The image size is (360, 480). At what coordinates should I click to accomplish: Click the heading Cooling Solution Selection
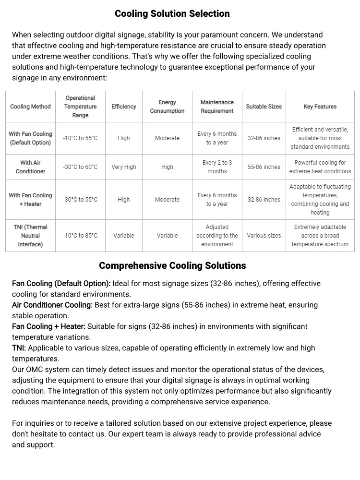(x=172, y=13)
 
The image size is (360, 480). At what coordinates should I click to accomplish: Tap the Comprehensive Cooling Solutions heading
(x=172, y=265)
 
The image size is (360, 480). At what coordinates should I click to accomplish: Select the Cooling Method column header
(x=30, y=107)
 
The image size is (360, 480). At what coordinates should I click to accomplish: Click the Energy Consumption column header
(x=167, y=107)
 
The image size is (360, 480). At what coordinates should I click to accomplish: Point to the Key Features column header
(x=320, y=107)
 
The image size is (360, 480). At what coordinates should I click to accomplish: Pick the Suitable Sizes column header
(x=264, y=107)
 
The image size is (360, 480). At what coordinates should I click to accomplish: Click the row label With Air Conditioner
(x=30, y=167)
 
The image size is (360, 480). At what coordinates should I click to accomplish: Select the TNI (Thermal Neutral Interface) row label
(x=30, y=236)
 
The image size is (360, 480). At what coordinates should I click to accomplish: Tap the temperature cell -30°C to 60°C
(x=80, y=167)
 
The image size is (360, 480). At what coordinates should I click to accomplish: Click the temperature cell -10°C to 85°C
(x=80, y=236)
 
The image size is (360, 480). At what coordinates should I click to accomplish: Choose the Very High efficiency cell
(x=124, y=167)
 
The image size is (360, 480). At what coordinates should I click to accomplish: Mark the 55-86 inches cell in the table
(x=264, y=167)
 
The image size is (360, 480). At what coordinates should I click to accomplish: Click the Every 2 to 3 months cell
(x=217, y=167)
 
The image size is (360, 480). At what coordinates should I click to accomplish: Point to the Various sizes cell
(x=264, y=236)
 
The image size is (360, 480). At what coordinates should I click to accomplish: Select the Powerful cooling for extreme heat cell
(x=320, y=167)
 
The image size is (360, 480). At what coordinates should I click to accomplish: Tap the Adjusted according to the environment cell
(x=217, y=236)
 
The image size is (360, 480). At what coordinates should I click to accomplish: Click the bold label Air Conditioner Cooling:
(x=52, y=305)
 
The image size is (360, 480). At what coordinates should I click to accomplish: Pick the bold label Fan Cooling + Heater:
(x=48, y=326)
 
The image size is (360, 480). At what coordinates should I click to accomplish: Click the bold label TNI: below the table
(x=19, y=348)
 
